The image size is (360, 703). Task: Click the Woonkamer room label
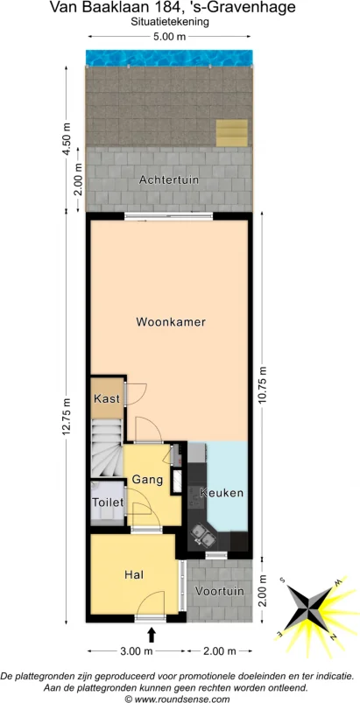[x=171, y=322]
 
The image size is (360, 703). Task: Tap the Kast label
[x=106, y=399]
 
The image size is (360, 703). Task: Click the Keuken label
[x=222, y=493]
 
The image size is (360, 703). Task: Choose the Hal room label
[x=134, y=574]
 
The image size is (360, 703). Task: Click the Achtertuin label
[x=169, y=179]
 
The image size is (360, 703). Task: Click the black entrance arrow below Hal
[x=152, y=633]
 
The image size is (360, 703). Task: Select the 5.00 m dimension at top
[x=169, y=37]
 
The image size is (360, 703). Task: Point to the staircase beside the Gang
[x=107, y=448]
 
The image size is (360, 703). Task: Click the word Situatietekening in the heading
[x=169, y=22]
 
